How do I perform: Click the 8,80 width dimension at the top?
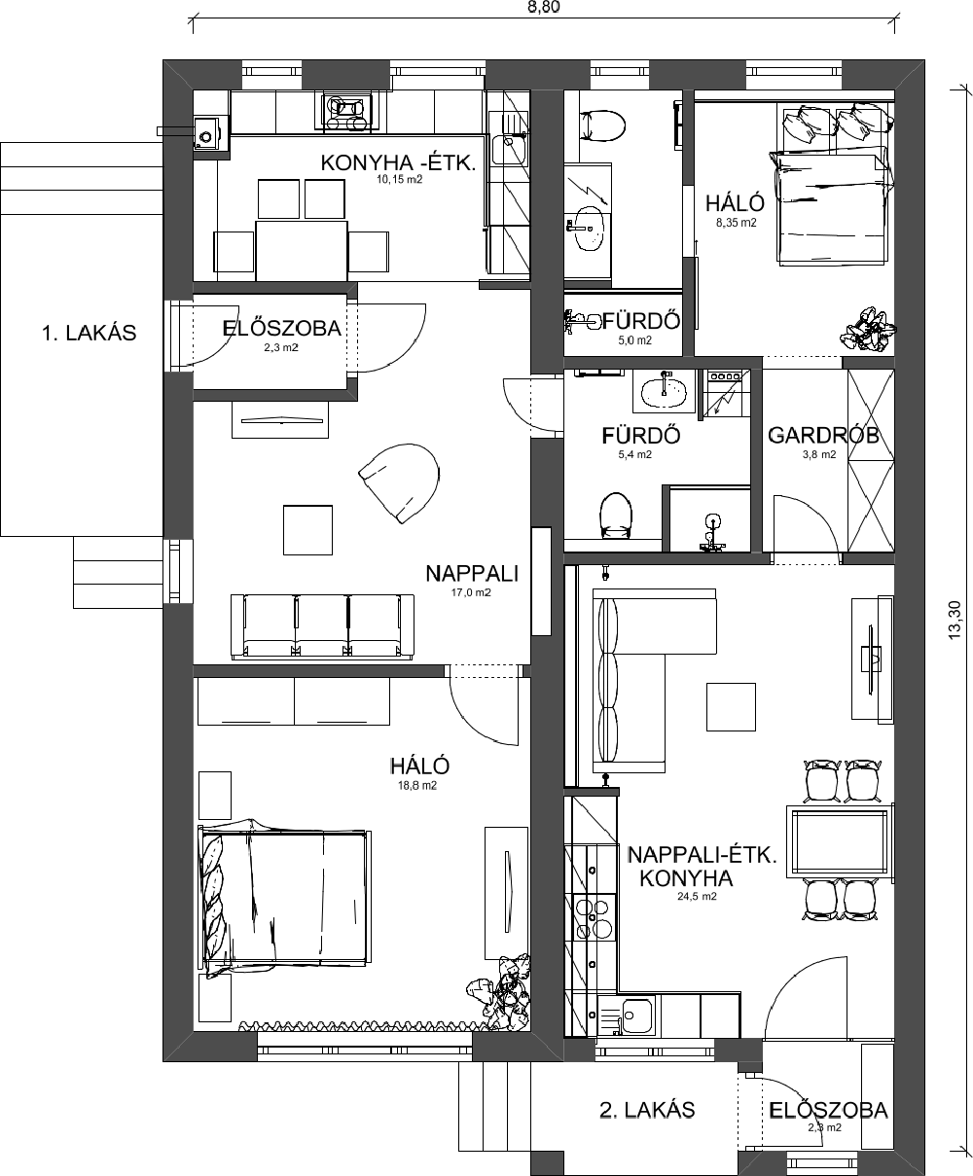pyautogui.click(x=544, y=7)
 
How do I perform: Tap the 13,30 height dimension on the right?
pyautogui.click(x=955, y=620)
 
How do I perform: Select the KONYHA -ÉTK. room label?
pyautogui.click(x=398, y=163)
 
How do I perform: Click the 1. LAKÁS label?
pyautogui.click(x=89, y=333)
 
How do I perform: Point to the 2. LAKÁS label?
pyautogui.click(x=647, y=1110)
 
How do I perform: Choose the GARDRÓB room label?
pyautogui.click(x=823, y=436)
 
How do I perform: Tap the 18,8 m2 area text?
pyautogui.click(x=417, y=786)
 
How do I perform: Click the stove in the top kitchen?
pyautogui.click(x=346, y=113)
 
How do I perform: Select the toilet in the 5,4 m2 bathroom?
pyautogui.click(x=615, y=516)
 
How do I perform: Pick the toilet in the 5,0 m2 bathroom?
pyautogui.click(x=602, y=125)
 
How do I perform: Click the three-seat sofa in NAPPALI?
pyautogui.click(x=322, y=626)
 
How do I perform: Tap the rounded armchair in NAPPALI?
pyautogui.click(x=401, y=482)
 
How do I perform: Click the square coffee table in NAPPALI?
pyautogui.click(x=307, y=530)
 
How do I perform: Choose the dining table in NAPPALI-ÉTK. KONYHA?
pyautogui.click(x=840, y=841)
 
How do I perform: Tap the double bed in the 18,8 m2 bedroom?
pyautogui.click(x=285, y=900)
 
